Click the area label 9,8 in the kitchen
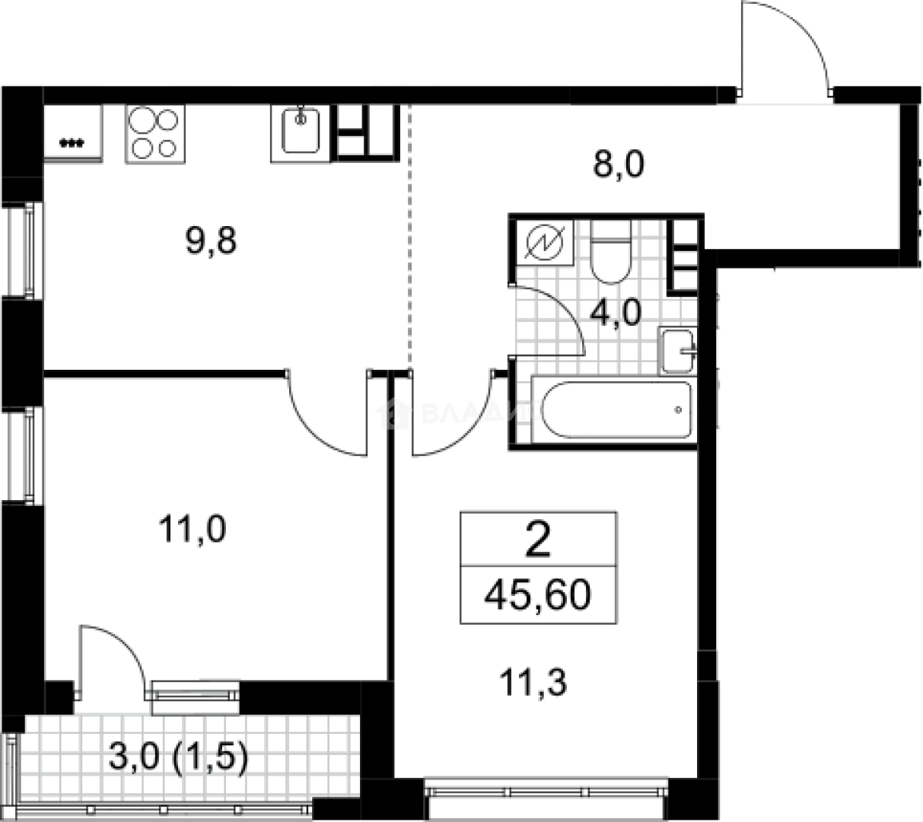(x=212, y=242)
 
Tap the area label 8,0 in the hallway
(x=619, y=164)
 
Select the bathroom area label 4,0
(x=617, y=312)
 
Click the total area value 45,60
(x=538, y=594)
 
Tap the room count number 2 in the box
(x=538, y=542)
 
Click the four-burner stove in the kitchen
(x=155, y=133)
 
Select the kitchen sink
(x=301, y=133)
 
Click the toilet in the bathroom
(x=610, y=251)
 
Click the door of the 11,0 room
(x=327, y=419)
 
